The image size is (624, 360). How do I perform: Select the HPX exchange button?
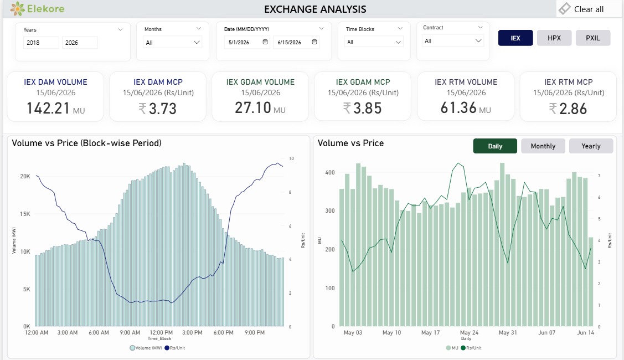tap(554, 38)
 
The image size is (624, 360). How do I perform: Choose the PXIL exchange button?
tap(592, 38)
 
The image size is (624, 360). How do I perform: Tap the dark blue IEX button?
tap(515, 38)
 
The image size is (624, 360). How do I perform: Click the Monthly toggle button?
tap(543, 146)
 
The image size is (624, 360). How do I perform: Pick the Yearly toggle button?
tap(591, 146)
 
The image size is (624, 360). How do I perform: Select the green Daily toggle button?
tap(495, 146)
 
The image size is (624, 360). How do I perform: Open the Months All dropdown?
tap(173, 42)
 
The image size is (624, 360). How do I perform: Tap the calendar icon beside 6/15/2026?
tap(314, 42)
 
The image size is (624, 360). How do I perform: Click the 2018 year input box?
tap(41, 43)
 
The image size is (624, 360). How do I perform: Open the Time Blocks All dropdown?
tap(374, 42)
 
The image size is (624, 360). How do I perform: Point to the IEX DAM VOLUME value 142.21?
tap(48, 109)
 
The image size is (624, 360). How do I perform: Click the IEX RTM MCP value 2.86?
tap(573, 109)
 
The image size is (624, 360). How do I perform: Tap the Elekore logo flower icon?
tap(18, 8)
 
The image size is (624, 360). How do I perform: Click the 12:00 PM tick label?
tap(161, 332)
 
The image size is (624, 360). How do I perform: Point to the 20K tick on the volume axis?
tap(25, 176)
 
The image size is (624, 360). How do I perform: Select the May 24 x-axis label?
tap(469, 332)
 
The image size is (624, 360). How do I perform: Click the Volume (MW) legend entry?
tap(146, 348)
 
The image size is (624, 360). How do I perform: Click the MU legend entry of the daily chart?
tap(452, 348)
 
